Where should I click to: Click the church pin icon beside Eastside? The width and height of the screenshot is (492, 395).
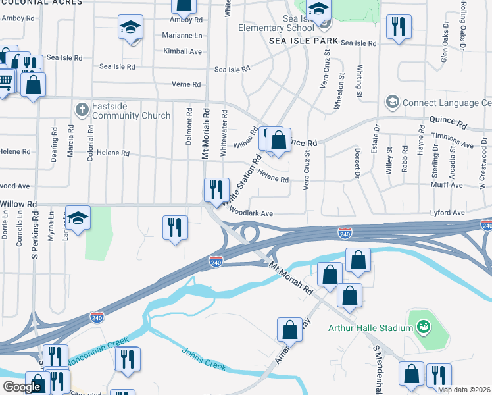tap(82, 109)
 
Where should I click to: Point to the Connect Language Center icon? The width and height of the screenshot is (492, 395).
tap(393, 102)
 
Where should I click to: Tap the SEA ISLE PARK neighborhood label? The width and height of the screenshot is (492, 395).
tap(303, 41)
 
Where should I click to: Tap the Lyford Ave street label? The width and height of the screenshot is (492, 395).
tap(447, 213)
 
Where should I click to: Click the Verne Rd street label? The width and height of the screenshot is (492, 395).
tap(186, 84)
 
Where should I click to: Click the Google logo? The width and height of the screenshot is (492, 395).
tap(22, 387)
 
